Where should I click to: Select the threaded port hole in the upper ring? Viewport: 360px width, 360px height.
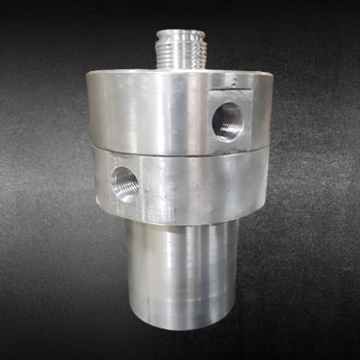pyautogui.click(x=226, y=119)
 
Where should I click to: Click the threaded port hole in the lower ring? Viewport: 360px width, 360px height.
pyautogui.click(x=124, y=182)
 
